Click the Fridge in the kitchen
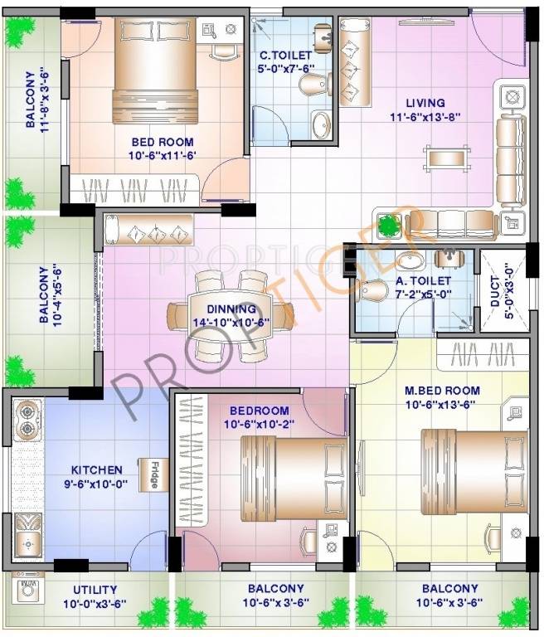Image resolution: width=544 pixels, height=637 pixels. [153, 474]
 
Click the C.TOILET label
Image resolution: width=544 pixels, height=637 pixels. [285, 56]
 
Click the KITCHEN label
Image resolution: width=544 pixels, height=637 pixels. [96, 470]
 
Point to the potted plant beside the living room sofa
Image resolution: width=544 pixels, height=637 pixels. [388, 224]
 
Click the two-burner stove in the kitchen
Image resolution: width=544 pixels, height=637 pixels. [28, 419]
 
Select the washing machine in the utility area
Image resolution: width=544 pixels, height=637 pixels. [27, 593]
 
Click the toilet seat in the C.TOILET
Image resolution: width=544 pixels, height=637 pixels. [312, 86]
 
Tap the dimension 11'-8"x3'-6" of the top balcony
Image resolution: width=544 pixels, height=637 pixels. [47, 99]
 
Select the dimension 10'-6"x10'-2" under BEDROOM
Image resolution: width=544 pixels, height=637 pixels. [260, 425]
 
